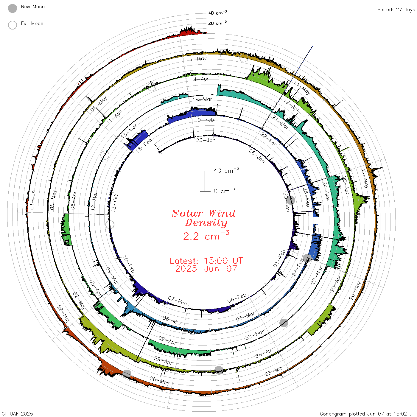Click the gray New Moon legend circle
click(x=13, y=8)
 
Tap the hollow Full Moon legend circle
click(x=13, y=25)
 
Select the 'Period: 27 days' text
click(x=396, y=10)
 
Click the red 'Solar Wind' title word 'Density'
click(x=206, y=223)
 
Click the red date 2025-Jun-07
click(x=206, y=269)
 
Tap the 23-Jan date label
click(x=206, y=140)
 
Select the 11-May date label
click(x=197, y=59)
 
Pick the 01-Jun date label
click(x=32, y=200)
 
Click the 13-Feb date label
click(x=114, y=203)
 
